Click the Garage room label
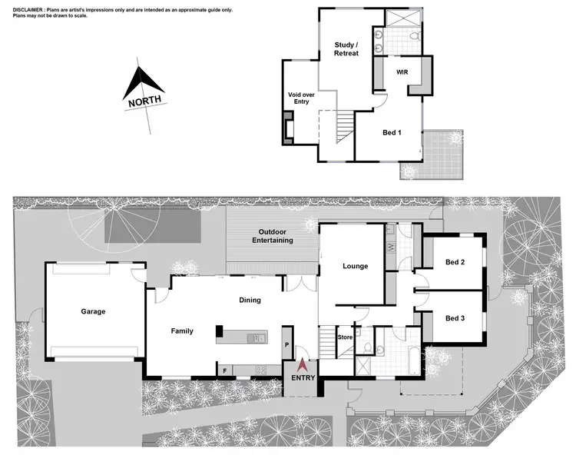[x=93, y=311]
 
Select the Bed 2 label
[x=455, y=262]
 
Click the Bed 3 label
[x=455, y=317]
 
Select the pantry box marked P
[x=287, y=346]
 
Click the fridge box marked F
[x=224, y=370]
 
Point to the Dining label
[x=250, y=300]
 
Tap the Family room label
[x=182, y=330]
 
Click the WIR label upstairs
[x=402, y=71]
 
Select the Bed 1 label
[x=392, y=132]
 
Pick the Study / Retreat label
[x=346, y=49]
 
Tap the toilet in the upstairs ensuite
[x=413, y=37]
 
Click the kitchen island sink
[x=259, y=337]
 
